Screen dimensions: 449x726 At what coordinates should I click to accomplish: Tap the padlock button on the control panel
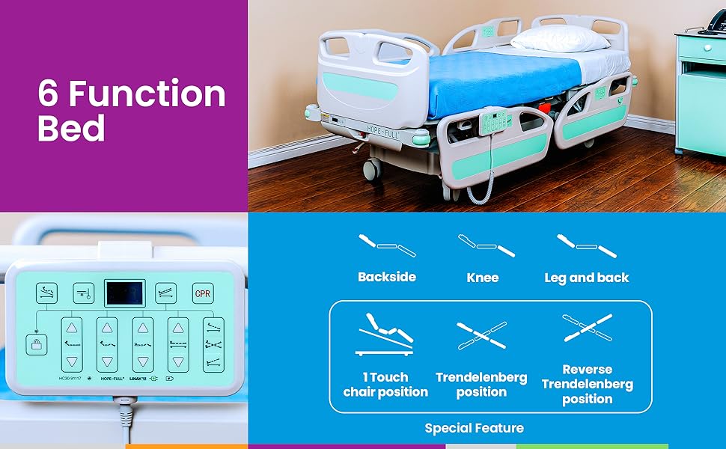coord(35,345)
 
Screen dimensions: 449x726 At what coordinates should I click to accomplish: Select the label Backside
coord(386,277)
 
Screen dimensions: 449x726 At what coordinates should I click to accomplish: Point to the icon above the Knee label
coord(485,245)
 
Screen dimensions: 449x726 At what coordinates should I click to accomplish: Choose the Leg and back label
coord(587,278)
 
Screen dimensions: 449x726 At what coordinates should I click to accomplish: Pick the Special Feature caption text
coord(474,428)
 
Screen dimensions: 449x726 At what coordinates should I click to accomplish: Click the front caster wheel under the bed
coord(372,168)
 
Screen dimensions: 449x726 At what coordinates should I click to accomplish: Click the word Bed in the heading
coord(71,129)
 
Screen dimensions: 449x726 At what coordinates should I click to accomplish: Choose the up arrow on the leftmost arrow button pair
coord(71,326)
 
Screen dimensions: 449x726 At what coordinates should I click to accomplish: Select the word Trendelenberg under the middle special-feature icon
coord(481,377)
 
